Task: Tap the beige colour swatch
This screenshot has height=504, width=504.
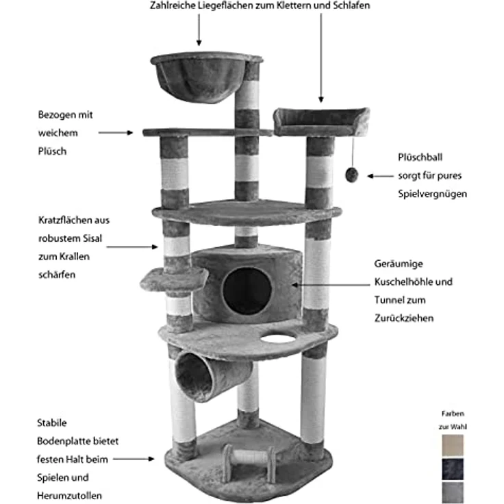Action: pos(453,444)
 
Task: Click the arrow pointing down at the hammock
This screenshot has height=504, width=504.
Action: pos(199,30)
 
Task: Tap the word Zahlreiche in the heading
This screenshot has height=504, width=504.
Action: pos(173,5)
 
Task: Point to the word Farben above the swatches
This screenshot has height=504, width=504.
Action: pos(452,414)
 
